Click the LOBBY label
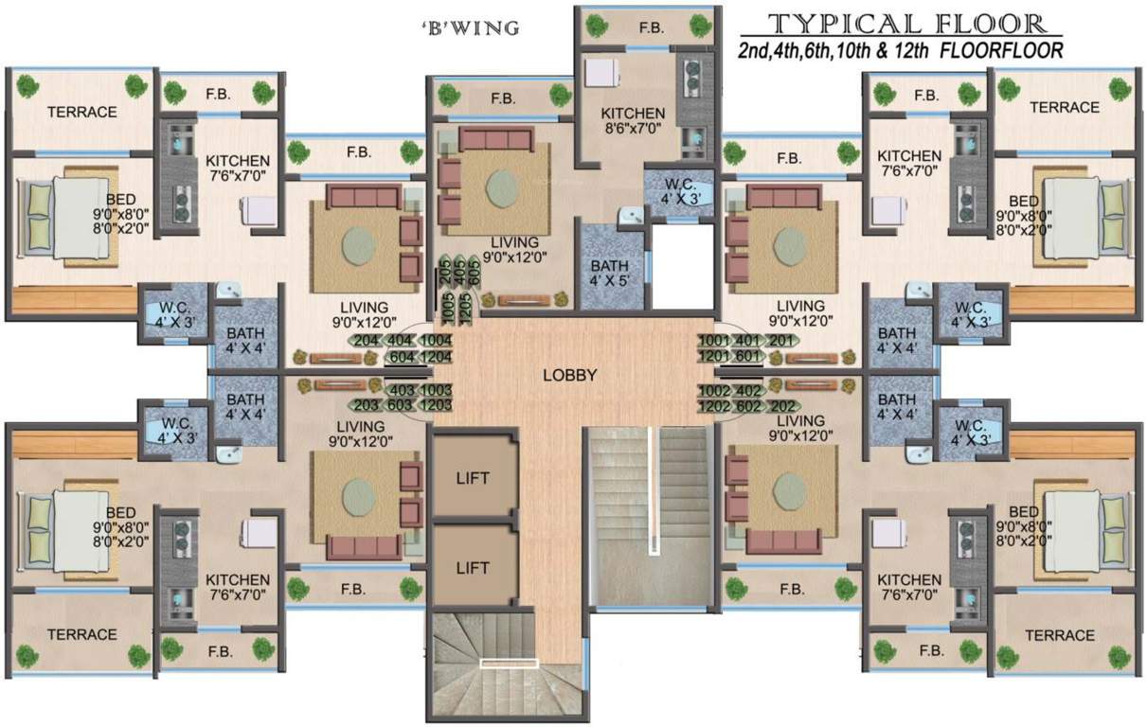point(570,375)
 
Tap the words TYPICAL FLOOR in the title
point(906,25)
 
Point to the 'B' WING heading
point(470,28)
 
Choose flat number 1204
point(436,357)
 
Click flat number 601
point(749,357)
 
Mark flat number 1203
point(436,406)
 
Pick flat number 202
point(782,406)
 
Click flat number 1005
point(447,308)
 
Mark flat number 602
point(749,406)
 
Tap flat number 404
point(402,341)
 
